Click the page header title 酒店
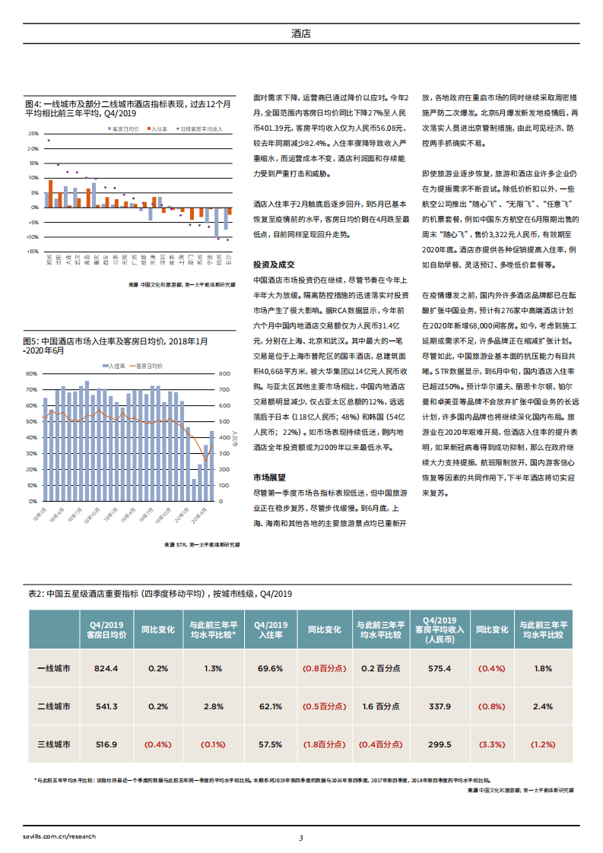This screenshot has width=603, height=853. [301, 33]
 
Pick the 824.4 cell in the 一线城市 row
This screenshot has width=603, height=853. [106, 668]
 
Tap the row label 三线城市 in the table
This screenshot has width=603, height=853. [54, 744]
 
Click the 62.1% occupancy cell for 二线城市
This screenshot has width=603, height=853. [270, 706]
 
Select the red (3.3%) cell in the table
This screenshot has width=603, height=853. [491, 744]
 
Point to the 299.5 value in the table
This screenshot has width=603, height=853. [440, 744]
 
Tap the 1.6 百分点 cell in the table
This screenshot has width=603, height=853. [380, 706]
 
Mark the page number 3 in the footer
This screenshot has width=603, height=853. [301, 838]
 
